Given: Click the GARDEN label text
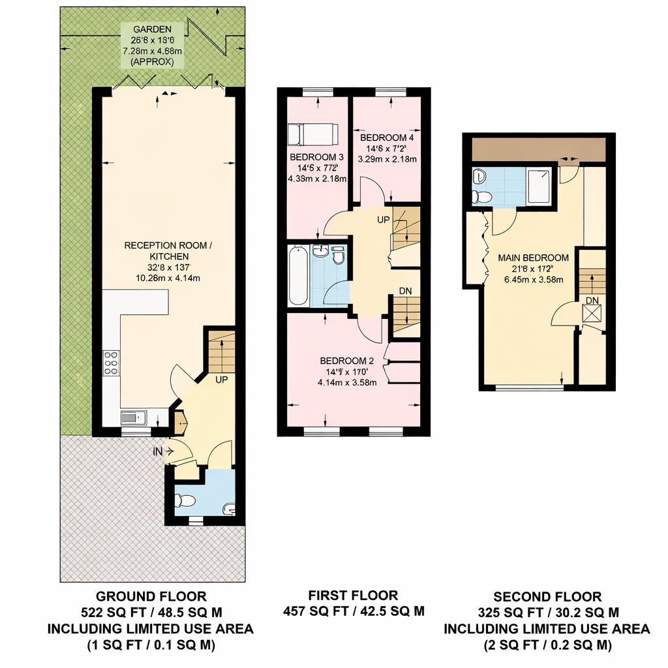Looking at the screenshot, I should tap(153, 29).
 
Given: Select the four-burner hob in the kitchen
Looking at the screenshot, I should tap(112, 363).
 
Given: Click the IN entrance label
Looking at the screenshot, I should tap(158, 450).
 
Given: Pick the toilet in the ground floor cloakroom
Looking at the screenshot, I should tap(185, 501).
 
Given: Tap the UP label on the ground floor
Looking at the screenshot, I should tap(220, 379).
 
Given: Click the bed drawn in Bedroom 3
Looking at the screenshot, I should tap(313, 134).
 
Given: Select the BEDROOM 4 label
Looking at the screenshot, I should tap(387, 138).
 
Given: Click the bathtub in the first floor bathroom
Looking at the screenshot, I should tap(298, 275).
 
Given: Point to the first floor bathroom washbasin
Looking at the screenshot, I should tap(320, 251).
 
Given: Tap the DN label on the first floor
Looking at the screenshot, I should tap(405, 291).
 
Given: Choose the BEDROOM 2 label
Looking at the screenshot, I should tap(346, 361).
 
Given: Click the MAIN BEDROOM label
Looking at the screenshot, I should tap(533, 258).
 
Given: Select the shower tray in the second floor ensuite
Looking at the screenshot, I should tap(539, 187).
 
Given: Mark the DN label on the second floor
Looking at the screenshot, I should tap(592, 300).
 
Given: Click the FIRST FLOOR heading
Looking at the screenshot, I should tap(353, 595).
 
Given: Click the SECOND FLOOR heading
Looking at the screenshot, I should tap(547, 596).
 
